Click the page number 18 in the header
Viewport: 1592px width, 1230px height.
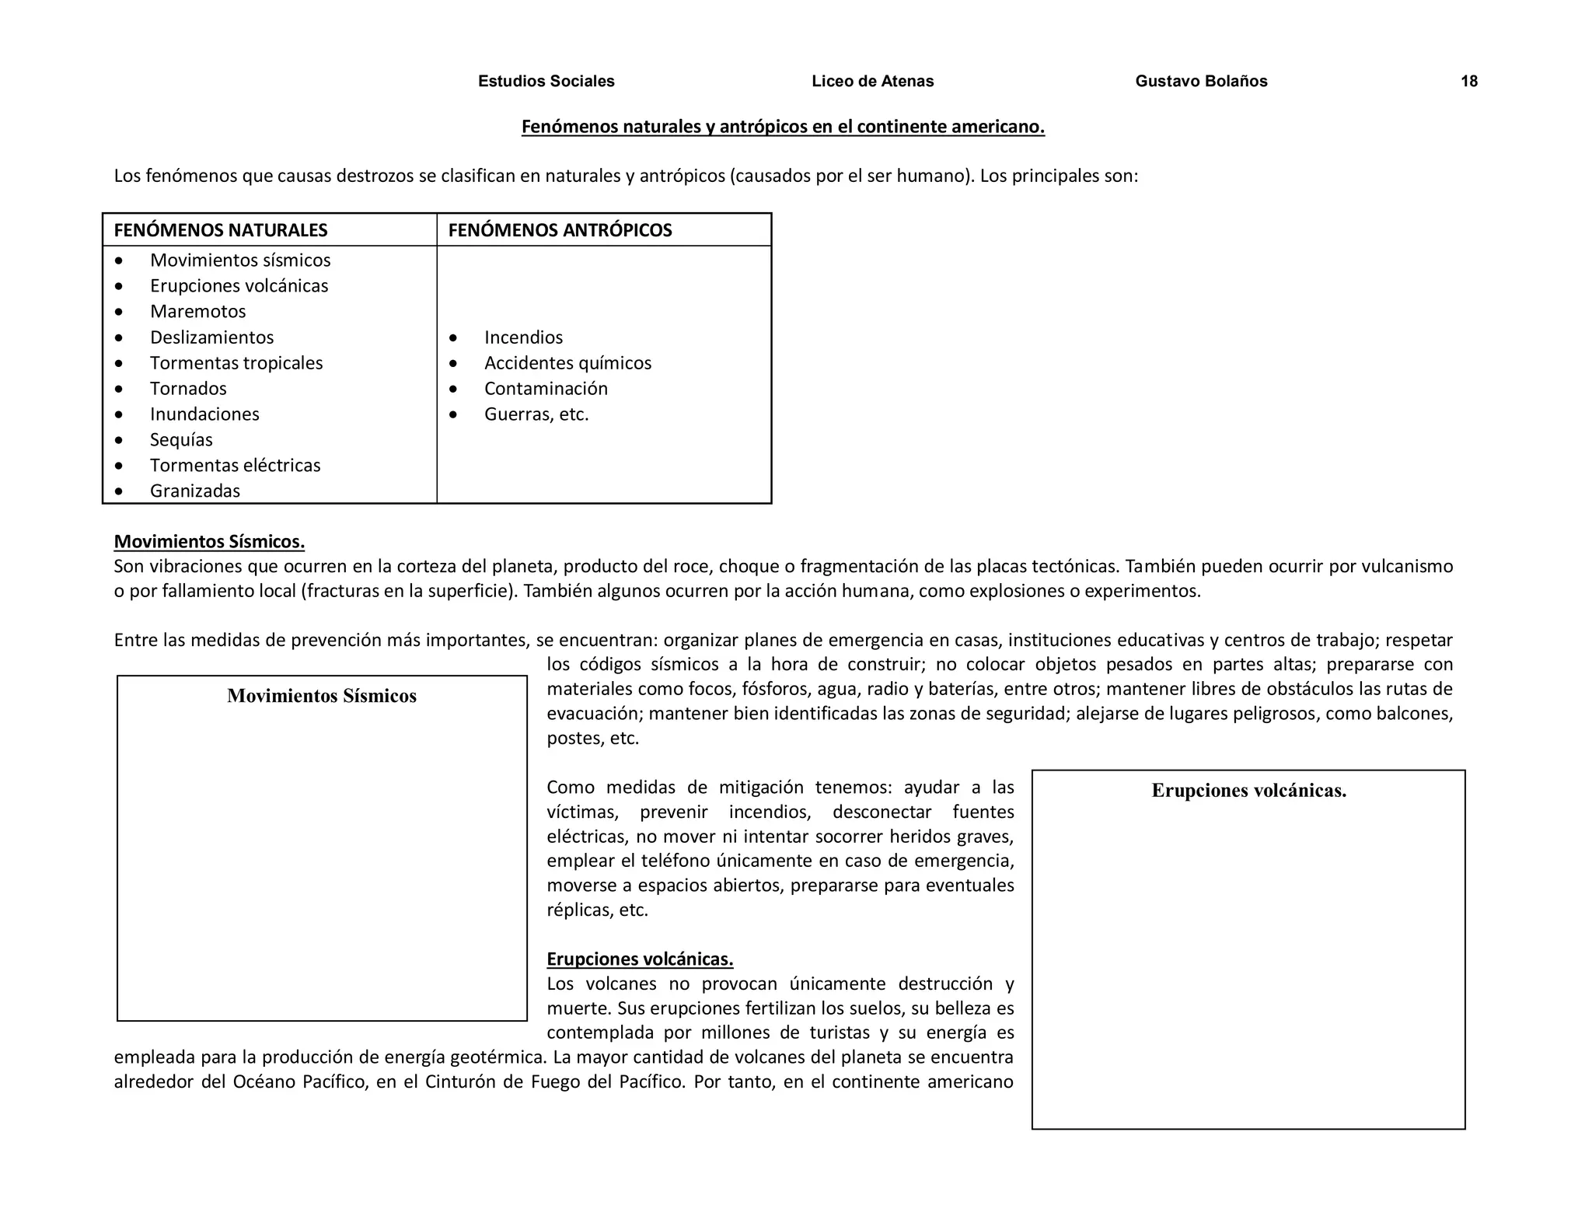[x=1468, y=82]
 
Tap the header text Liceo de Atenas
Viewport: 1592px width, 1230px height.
[x=872, y=82]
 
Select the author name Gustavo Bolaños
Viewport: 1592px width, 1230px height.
[x=1200, y=82]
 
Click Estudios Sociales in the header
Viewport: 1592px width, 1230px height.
[x=546, y=82]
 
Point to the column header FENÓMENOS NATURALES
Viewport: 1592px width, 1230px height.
[x=221, y=230]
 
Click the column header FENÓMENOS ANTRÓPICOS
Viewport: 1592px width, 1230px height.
[x=560, y=230]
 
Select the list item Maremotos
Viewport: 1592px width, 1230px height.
[x=197, y=312]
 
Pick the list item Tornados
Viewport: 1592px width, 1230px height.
[x=188, y=389]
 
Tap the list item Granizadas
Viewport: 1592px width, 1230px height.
[x=195, y=491]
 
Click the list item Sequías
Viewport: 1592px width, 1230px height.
[x=181, y=440]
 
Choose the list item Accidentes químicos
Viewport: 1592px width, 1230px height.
[x=567, y=363]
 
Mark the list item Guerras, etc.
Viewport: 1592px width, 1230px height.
[x=536, y=414]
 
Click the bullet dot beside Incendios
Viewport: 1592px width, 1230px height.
[x=453, y=338]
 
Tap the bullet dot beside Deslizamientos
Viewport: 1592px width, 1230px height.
[x=119, y=338]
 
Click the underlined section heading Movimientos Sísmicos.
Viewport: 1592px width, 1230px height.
[x=209, y=541]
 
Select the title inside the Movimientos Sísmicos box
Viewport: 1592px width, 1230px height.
[x=322, y=696]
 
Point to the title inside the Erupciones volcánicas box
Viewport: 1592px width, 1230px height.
[x=1248, y=791]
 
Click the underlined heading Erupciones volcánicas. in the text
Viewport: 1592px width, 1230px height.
[x=640, y=959]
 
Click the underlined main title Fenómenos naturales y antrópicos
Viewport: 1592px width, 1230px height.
[x=783, y=127]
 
